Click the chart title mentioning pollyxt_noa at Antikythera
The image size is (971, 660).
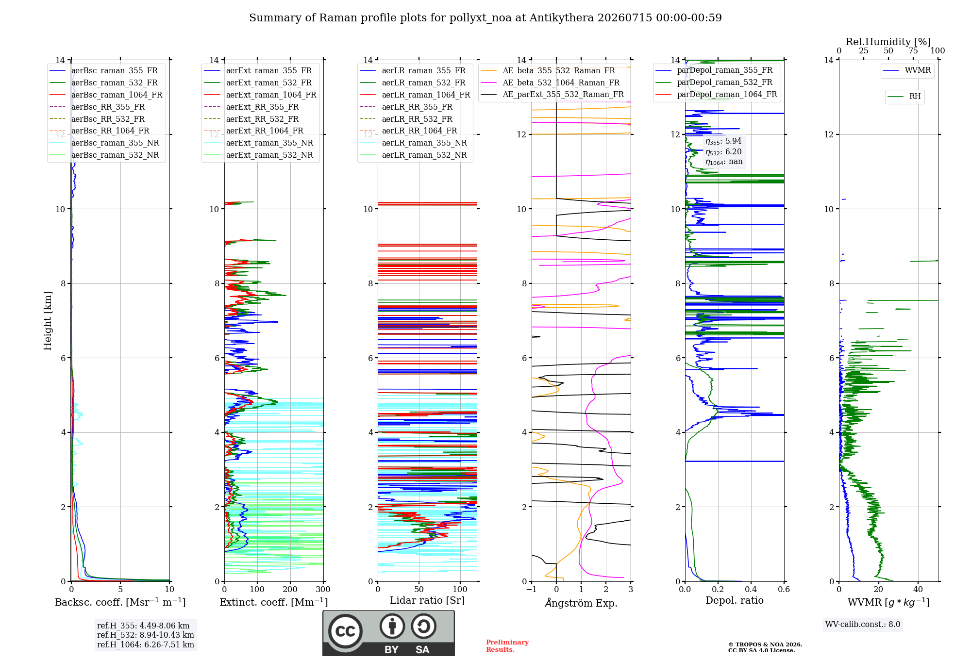point(485,18)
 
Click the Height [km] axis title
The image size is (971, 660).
point(48,321)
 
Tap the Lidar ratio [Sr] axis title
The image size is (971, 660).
point(427,600)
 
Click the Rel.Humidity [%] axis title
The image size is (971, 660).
point(888,42)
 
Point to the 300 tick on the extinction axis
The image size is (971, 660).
point(323,589)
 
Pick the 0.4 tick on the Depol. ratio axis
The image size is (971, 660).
point(751,589)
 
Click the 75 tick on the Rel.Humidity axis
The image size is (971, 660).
point(913,50)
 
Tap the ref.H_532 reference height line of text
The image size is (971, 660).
point(146,635)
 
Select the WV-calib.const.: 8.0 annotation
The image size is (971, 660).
point(863,624)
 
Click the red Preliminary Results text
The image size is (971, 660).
point(507,646)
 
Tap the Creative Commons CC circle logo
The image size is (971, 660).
point(345,631)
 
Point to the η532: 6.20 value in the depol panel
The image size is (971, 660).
point(723,151)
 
